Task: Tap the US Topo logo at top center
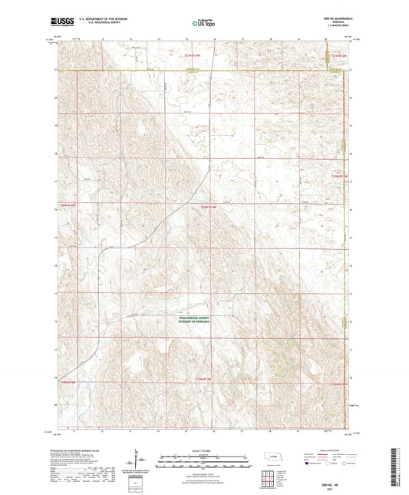click(203, 24)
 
